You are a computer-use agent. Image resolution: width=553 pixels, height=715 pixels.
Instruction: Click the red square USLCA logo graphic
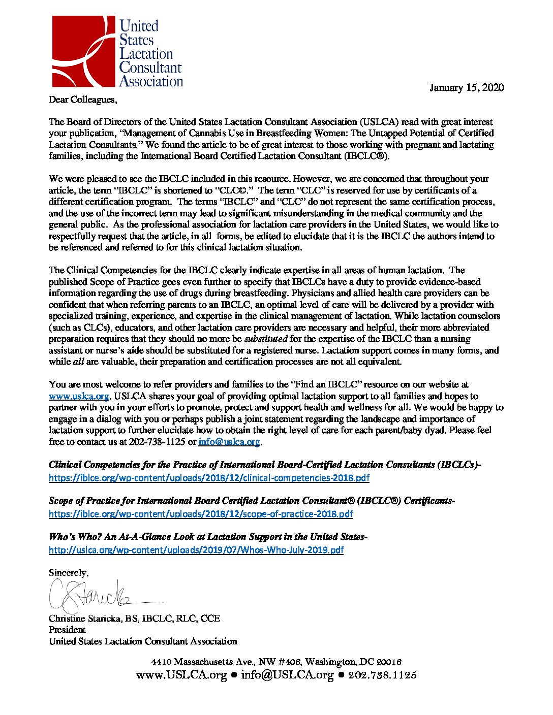84,51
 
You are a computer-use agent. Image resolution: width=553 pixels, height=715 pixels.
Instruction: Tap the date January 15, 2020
466,87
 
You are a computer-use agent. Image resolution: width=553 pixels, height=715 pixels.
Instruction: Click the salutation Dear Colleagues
82,100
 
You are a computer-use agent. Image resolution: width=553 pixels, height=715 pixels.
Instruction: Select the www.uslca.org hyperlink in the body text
79,396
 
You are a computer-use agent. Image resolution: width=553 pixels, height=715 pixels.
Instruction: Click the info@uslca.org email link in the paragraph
229,442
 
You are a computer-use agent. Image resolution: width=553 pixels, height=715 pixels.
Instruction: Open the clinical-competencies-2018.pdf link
209,478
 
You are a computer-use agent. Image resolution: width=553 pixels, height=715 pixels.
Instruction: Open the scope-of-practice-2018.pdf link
200,514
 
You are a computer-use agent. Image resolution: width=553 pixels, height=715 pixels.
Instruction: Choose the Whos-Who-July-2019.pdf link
196,550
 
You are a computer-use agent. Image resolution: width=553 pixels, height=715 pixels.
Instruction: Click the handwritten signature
97,597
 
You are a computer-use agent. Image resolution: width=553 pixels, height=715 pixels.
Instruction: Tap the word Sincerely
68,573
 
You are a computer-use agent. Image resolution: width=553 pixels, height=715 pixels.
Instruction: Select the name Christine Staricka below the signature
90,619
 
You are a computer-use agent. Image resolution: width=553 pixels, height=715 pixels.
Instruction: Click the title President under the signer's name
67,630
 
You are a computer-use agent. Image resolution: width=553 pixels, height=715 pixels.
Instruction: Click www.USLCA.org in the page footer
181,675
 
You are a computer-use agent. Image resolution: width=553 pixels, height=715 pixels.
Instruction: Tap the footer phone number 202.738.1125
382,675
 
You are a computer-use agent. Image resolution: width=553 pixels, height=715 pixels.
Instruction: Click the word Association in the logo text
151,82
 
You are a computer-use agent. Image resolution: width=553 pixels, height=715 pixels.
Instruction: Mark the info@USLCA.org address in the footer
287,675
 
